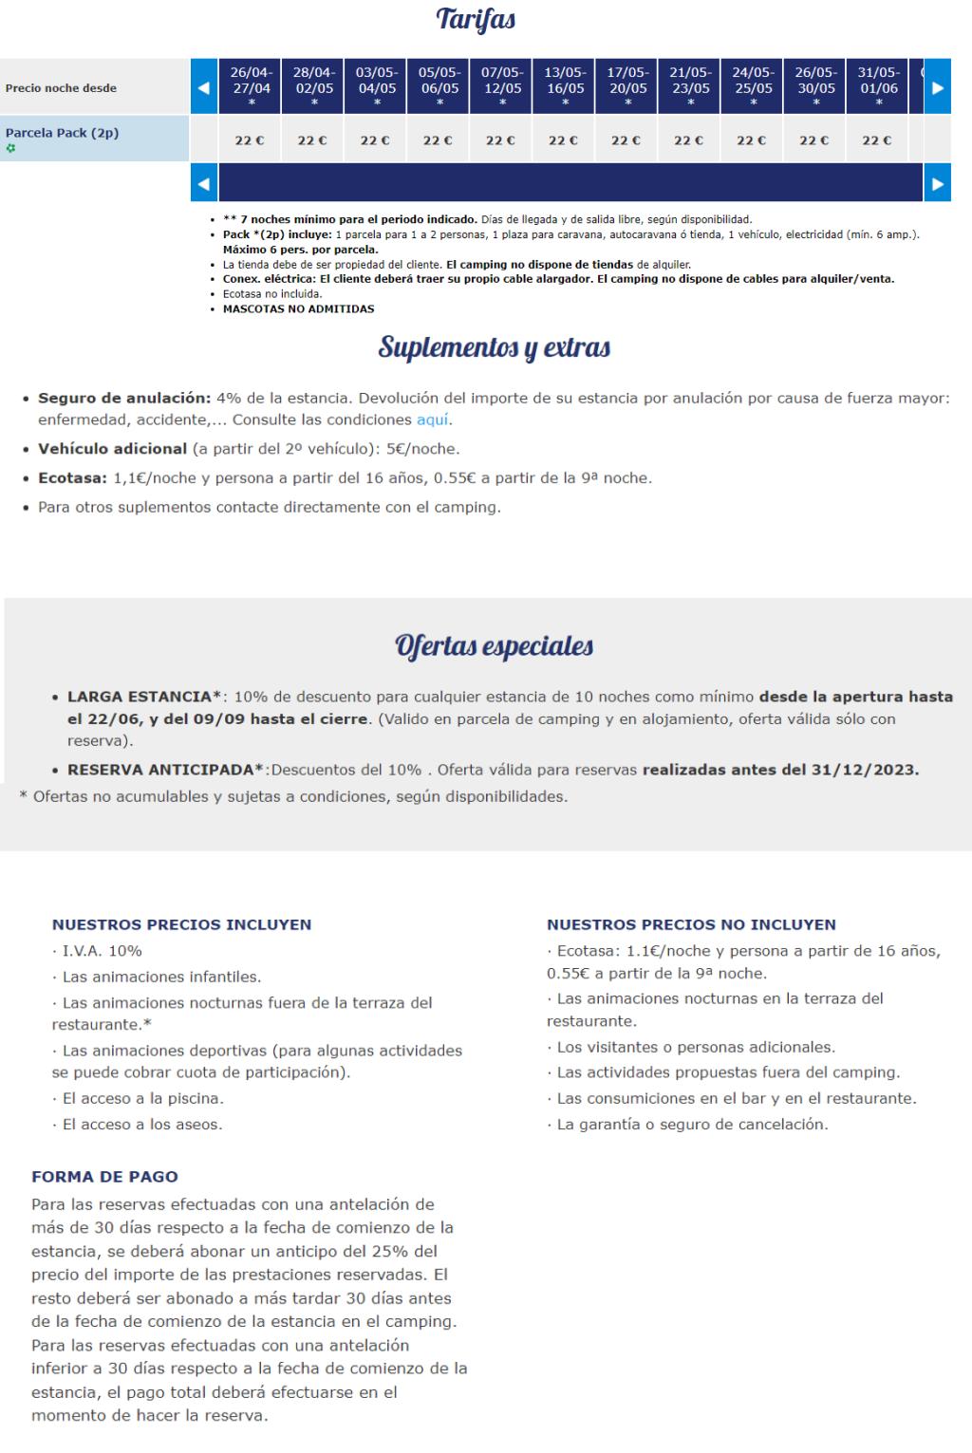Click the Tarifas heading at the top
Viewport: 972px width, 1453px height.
click(476, 20)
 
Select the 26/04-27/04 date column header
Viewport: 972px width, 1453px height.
click(251, 86)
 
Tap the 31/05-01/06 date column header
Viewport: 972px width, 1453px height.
click(878, 86)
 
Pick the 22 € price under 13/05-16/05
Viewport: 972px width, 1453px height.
click(564, 140)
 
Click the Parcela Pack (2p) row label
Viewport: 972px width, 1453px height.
click(63, 133)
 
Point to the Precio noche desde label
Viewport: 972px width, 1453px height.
click(61, 88)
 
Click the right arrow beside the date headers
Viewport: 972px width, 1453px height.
click(937, 87)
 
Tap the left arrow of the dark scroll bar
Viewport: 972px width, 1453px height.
click(204, 183)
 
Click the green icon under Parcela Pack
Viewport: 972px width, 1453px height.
click(10, 148)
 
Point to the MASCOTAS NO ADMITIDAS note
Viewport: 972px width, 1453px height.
click(298, 308)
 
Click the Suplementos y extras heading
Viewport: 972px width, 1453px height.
click(494, 347)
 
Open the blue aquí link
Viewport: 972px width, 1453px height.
click(434, 419)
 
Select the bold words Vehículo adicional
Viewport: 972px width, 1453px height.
click(112, 449)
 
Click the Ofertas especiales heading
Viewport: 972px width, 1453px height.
click(494, 646)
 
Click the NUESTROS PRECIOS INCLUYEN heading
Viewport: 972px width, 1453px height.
click(181, 924)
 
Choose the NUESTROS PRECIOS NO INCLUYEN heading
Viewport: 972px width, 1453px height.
click(691, 924)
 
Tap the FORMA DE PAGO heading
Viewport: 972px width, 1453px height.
click(104, 1177)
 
